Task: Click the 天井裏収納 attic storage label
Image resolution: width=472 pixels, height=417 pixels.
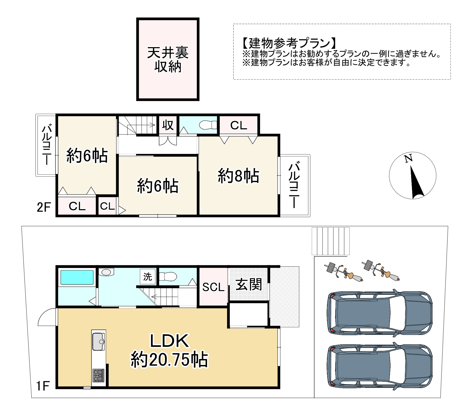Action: (x=168, y=60)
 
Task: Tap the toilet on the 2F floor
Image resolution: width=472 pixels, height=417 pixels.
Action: (x=207, y=125)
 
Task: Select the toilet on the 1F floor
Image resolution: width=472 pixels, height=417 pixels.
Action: (x=168, y=277)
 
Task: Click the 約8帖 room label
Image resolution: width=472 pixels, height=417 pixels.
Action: (x=238, y=176)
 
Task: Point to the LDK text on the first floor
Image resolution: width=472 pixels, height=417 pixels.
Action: (x=169, y=341)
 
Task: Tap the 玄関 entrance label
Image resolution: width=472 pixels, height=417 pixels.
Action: (x=249, y=285)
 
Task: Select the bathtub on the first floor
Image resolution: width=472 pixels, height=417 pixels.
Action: (x=77, y=277)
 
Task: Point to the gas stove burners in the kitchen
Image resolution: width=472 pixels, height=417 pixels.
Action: (x=98, y=375)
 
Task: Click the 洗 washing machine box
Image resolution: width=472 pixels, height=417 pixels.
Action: (x=147, y=277)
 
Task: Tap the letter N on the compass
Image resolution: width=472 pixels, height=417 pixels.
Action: (x=408, y=159)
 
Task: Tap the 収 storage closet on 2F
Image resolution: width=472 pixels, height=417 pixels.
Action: (x=168, y=125)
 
